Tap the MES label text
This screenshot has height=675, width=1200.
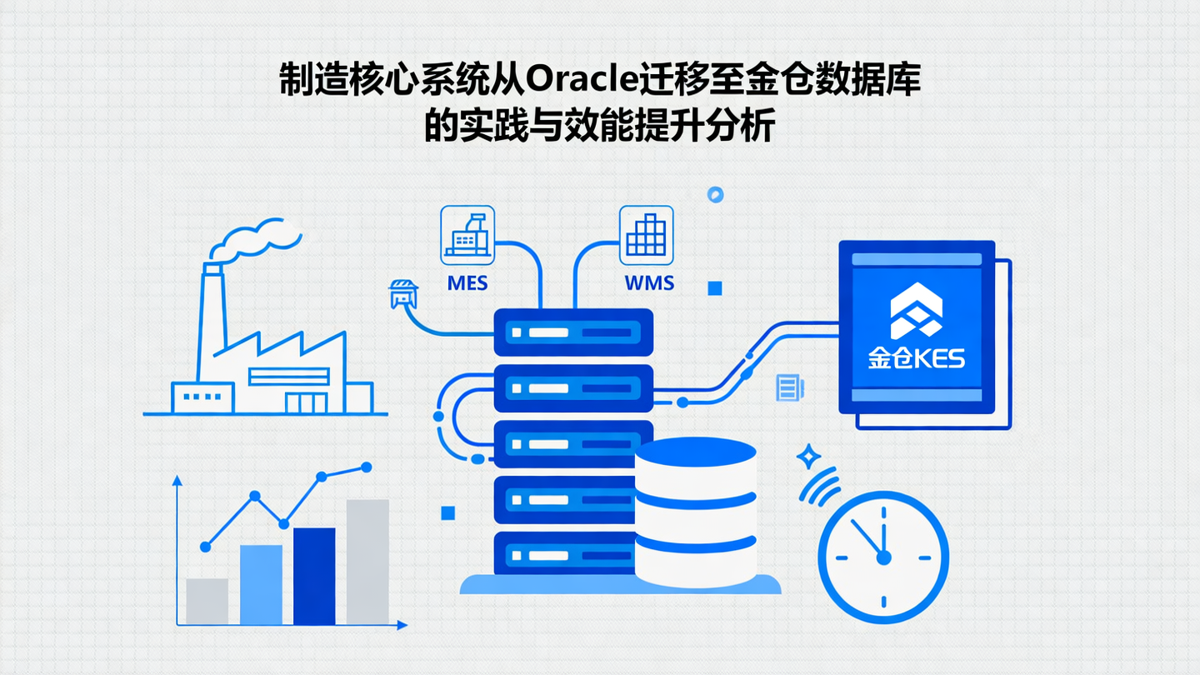click(467, 282)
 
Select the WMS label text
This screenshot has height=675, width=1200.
click(649, 282)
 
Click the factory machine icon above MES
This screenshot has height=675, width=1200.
click(467, 236)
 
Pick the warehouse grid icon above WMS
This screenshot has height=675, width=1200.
click(647, 236)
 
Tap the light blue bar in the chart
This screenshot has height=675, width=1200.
click(261, 584)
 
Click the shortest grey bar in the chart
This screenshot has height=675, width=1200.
click(207, 601)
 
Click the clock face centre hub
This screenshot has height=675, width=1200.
click(883, 557)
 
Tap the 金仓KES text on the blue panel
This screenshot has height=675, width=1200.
click(916, 358)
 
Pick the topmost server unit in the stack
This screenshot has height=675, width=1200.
click(573, 332)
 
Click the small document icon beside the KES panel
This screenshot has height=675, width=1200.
click(787, 387)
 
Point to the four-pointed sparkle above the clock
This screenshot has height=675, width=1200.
click(807, 456)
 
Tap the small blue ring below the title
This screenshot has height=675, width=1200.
click(714, 195)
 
